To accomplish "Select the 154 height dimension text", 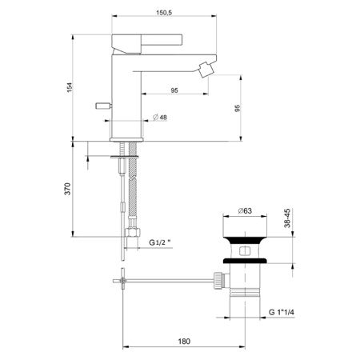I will pyautogui.click(x=70, y=86).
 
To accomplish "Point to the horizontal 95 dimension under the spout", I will pyautogui.click(x=174, y=90).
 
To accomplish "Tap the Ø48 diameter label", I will pyautogui.click(x=159, y=118).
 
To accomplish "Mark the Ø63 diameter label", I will pyautogui.click(x=246, y=211).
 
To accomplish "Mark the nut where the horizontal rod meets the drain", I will pyautogui.click(x=217, y=280).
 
